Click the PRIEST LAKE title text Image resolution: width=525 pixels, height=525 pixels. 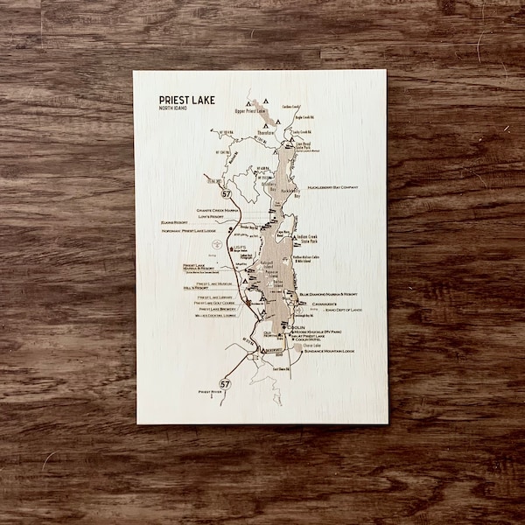(186, 100)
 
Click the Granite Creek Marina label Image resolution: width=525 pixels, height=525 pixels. (218, 210)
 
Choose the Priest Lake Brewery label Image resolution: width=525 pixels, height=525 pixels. (218, 309)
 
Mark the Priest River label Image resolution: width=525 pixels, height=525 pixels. (211, 393)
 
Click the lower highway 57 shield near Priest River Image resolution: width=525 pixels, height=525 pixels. (226, 383)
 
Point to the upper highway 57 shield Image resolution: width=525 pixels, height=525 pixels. (227, 192)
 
